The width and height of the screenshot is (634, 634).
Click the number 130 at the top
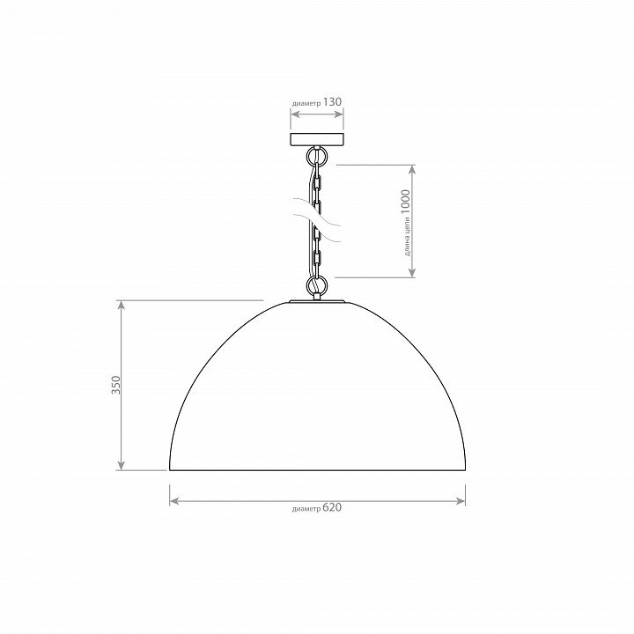[332, 102]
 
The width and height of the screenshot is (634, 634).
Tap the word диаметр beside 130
[306, 104]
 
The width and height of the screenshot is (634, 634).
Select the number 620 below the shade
[332, 507]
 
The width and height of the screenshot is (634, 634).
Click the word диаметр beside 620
[306, 509]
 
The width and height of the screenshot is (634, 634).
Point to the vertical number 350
[116, 386]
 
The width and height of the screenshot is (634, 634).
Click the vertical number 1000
[405, 203]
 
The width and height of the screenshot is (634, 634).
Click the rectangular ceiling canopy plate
[317, 139]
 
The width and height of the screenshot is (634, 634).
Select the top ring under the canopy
[317, 156]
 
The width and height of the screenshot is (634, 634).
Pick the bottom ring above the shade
[317, 284]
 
